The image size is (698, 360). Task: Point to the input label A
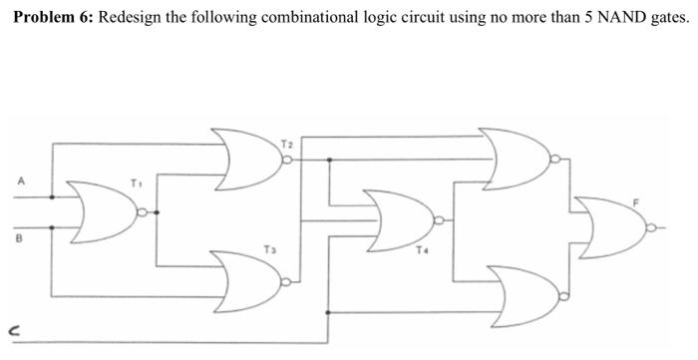pyautogui.click(x=19, y=181)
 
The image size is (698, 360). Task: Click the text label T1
pyautogui.click(x=138, y=183)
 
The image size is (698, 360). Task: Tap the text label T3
pyautogui.click(x=268, y=248)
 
